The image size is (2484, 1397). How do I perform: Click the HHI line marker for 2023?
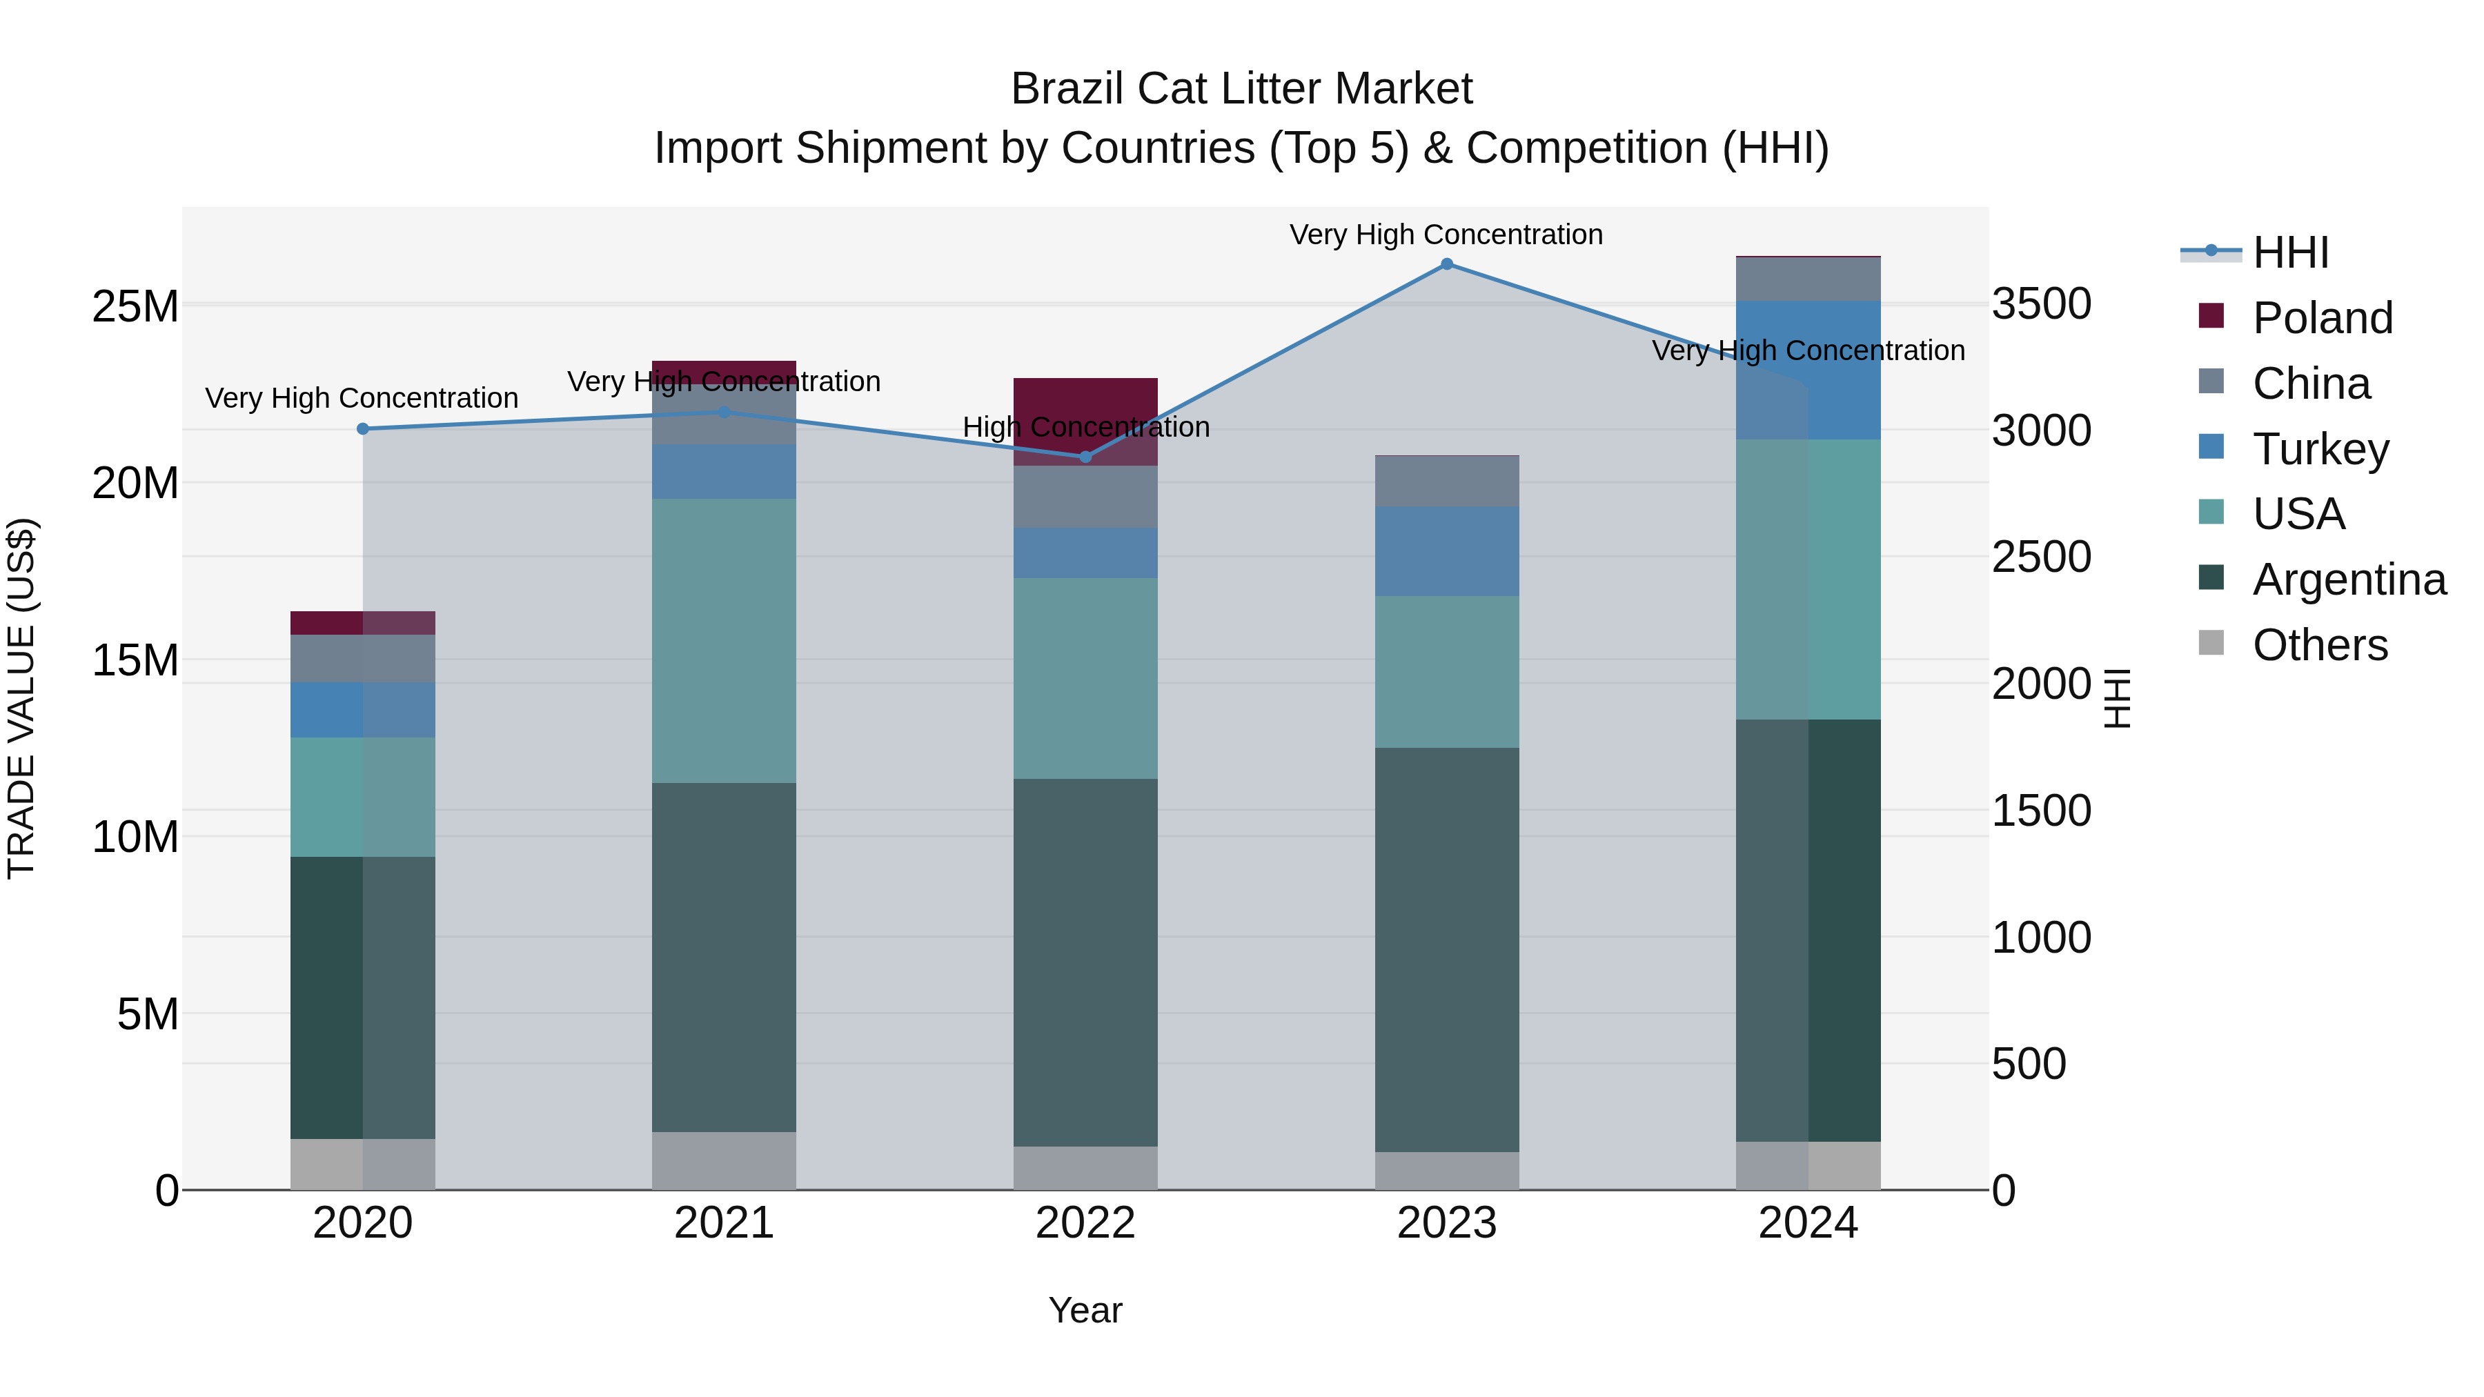pos(1446,264)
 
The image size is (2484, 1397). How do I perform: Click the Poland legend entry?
pos(2321,318)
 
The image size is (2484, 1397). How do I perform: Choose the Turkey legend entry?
pos(2320,449)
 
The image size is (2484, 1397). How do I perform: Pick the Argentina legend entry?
pos(2348,579)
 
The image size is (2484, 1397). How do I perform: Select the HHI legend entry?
pos(2289,252)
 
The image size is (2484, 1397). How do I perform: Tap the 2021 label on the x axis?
pos(724,1223)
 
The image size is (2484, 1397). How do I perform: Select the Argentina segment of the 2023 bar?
pos(1446,950)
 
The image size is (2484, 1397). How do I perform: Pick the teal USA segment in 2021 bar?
pos(724,641)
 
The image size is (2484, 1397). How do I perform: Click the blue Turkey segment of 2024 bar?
pos(1808,371)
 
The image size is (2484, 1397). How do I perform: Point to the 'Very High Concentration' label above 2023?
pos(1446,235)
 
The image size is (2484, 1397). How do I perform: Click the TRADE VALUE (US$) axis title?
pos(21,698)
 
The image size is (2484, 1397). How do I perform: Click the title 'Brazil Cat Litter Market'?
pos(1241,89)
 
